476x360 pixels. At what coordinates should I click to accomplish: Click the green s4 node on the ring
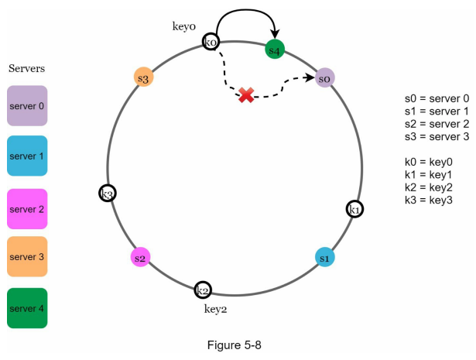pos(275,50)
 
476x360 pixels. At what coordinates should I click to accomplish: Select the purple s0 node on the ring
pos(325,78)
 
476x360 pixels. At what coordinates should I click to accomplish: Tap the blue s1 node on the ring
pos(325,257)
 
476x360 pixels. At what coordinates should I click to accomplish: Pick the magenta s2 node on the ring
pos(140,257)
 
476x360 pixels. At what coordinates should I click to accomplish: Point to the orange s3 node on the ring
pos(144,77)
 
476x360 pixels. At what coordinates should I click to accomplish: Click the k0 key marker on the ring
pos(211,42)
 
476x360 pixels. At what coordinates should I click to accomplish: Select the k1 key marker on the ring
pos(354,209)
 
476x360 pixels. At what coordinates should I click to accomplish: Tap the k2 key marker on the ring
pos(203,290)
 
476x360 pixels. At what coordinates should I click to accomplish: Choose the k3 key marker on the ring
pos(108,193)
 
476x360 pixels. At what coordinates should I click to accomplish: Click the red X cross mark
pos(246,95)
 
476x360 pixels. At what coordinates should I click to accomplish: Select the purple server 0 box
pos(27,105)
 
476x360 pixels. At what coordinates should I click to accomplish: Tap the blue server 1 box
pos(27,156)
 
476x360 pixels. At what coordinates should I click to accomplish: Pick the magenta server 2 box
pos(27,209)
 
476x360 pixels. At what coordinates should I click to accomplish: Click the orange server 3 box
pos(27,256)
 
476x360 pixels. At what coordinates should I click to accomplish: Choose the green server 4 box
pos(27,308)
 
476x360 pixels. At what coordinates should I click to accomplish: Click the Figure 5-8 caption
pos(234,345)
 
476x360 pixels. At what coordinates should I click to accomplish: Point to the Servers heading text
pos(27,68)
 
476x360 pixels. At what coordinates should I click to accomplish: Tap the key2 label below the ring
pos(215,310)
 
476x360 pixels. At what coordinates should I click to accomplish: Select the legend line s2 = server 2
pos(437,124)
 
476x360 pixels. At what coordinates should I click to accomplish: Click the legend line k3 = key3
pos(429,200)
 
